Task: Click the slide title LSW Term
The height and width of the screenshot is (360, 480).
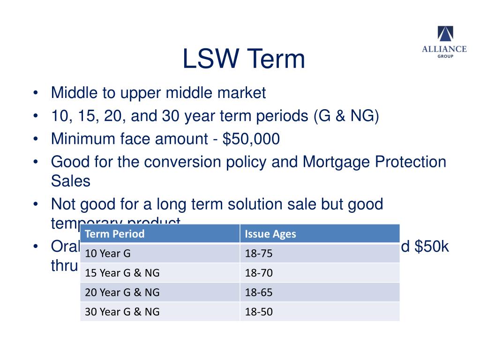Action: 243,60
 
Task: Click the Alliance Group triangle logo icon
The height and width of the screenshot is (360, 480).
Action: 445,34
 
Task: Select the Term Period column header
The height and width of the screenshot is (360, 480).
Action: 115,234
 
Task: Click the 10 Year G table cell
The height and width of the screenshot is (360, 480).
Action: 108,254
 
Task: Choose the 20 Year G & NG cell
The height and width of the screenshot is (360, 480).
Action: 122,292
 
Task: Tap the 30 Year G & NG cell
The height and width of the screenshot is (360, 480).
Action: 122,312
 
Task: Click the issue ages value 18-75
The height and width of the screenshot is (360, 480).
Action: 258,254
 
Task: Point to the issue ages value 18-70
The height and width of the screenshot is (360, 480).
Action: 258,273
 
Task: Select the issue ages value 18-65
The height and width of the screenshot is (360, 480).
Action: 258,292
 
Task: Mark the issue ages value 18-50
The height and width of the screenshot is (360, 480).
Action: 258,312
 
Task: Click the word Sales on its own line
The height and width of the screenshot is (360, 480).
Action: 70,181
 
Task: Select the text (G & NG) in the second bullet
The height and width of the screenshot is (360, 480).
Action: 346,116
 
